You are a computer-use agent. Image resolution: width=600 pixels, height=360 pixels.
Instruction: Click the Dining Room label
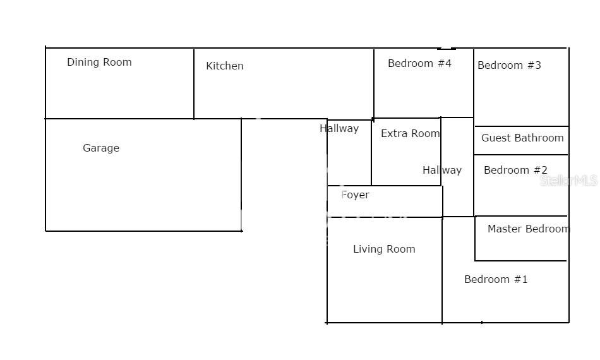[99, 62]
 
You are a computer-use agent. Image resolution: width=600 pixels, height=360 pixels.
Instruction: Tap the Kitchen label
[224, 66]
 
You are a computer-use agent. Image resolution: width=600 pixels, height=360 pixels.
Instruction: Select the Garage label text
[101, 148]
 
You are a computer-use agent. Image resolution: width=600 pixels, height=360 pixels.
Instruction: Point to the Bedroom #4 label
[419, 63]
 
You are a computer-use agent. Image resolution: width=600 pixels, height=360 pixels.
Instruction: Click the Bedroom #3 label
[509, 65]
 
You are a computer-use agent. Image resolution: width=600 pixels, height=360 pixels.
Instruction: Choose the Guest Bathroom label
[522, 138]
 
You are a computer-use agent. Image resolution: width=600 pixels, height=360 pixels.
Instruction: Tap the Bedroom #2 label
[515, 170]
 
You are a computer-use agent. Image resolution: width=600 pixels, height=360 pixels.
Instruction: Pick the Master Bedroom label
[528, 229]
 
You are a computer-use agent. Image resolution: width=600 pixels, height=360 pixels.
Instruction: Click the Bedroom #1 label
[496, 279]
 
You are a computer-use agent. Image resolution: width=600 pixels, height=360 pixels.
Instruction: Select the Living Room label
[384, 249]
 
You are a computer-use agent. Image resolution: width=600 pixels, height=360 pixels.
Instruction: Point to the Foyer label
[355, 195]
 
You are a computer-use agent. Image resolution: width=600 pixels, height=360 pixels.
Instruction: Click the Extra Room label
[410, 133]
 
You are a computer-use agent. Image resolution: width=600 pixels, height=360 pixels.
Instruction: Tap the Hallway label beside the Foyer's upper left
[339, 128]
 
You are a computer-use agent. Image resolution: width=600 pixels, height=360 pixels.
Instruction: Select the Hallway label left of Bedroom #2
[442, 170]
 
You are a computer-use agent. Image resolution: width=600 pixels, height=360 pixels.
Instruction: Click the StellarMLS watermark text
[568, 181]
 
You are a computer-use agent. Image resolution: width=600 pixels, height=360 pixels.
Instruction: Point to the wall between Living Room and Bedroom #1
[442, 272]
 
